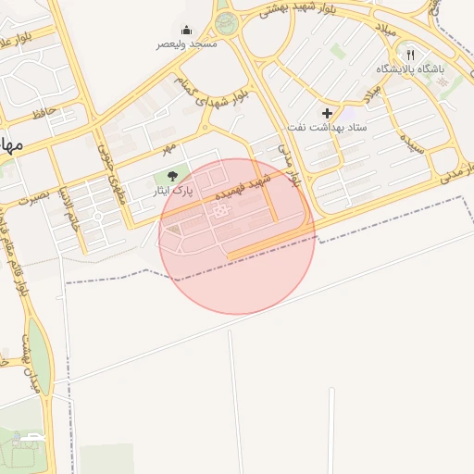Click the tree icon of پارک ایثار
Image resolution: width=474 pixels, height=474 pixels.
pos(171,176)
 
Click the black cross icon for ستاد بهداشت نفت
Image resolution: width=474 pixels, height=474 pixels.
pos(327,112)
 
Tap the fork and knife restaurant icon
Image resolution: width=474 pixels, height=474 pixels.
pos(410,55)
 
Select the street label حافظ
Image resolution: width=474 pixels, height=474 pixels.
pos(44,115)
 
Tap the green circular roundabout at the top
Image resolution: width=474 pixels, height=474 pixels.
pos(226,21)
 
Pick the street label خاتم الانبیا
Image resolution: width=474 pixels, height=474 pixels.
pos(69,207)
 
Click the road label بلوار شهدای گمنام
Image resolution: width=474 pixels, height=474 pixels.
pos(213,94)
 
